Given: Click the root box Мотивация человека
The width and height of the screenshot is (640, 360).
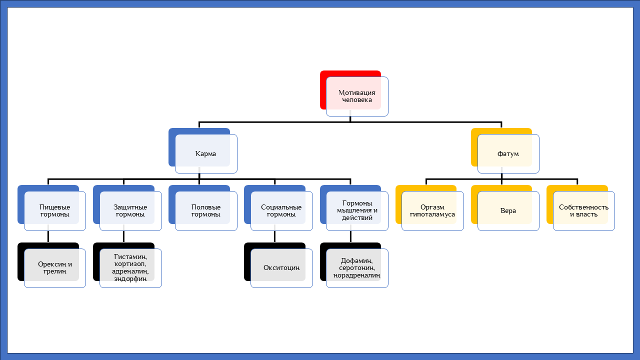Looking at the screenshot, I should pyautogui.click(x=356, y=96).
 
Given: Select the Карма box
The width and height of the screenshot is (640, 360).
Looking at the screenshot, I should pyautogui.click(x=205, y=153).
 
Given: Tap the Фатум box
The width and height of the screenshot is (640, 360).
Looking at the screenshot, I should pyautogui.click(x=508, y=153).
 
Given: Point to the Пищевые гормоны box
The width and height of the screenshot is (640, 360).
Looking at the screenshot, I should pyautogui.click(x=54, y=210).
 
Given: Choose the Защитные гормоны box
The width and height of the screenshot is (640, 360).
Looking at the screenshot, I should pyautogui.click(x=130, y=210).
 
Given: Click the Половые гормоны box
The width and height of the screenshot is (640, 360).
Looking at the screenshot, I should pyautogui.click(x=205, y=210).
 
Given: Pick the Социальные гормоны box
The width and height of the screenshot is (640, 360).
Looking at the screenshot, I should pyautogui.click(x=281, y=210).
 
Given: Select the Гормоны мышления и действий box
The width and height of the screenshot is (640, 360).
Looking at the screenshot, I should pyautogui.click(x=357, y=210).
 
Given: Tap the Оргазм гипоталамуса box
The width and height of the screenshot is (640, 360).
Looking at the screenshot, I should pyautogui.click(x=432, y=210).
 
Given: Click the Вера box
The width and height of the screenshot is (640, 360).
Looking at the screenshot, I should pyautogui.click(x=508, y=210).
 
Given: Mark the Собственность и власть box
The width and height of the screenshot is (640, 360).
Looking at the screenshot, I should pyautogui.click(x=583, y=210).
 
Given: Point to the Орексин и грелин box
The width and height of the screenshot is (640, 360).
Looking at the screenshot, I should pyautogui.click(x=54, y=268).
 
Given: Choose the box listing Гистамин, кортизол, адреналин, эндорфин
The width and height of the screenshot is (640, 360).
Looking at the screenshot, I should pyautogui.click(x=130, y=268).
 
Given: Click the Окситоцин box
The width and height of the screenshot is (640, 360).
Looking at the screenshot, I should pyautogui.click(x=281, y=268).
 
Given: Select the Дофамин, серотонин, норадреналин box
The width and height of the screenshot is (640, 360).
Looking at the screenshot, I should pyautogui.click(x=357, y=268).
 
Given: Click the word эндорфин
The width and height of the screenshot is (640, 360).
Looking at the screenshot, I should pyautogui.click(x=130, y=279).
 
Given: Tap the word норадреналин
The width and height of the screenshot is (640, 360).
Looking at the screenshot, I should pyautogui.click(x=357, y=275).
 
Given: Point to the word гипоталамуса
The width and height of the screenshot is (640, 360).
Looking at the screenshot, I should pyautogui.click(x=432, y=214).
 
